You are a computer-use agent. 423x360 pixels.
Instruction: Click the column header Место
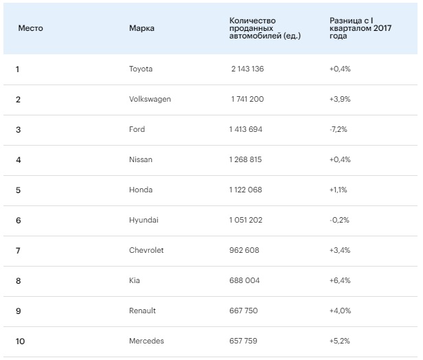pyautogui.click(x=30, y=28)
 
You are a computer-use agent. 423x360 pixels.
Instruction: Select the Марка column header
pyautogui.click(x=141, y=28)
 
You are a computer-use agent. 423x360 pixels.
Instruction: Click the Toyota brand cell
pyautogui.click(x=141, y=69)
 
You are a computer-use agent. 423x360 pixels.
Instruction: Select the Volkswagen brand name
pyautogui.click(x=150, y=99)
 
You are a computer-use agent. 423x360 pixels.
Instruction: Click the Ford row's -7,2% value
pyautogui.click(x=339, y=129)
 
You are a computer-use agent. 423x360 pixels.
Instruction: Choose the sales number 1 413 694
pyautogui.click(x=246, y=129)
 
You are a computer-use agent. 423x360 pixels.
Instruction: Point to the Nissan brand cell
pyautogui.click(x=141, y=159)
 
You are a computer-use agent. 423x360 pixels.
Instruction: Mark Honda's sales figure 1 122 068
pyautogui.click(x=246, y=190)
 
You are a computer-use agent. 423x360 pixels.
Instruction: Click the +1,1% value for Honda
pyautogui.click(x=339, y=190)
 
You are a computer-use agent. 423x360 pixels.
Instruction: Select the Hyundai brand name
pyautogui.click(x=143, y=220)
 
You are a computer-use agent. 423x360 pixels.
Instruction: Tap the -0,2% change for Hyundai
pyautogui.click(x=339, y=220)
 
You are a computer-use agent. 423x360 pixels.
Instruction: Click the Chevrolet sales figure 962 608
pyautogui.click(x=244, y=250)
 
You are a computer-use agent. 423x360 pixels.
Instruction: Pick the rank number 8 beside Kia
pyautogui.click(x=18, y=280)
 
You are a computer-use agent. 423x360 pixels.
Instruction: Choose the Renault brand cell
pyautogui.click(x=142, y=311)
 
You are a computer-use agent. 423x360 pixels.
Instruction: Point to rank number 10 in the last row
pyautogui.click(x=20, y=341)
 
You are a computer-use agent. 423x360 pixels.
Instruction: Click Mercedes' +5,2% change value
pyautogui.click(x=340, y=341)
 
